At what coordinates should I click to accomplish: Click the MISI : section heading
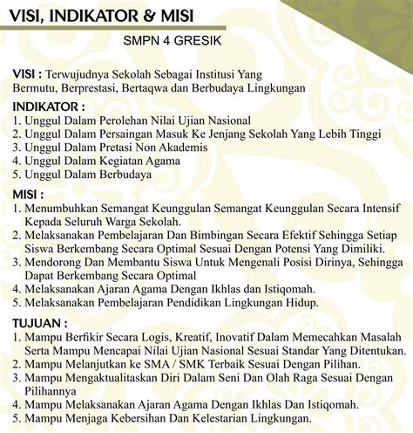click(x=29, y=193)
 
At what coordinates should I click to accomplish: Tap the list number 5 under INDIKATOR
click(x=17, y=175)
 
